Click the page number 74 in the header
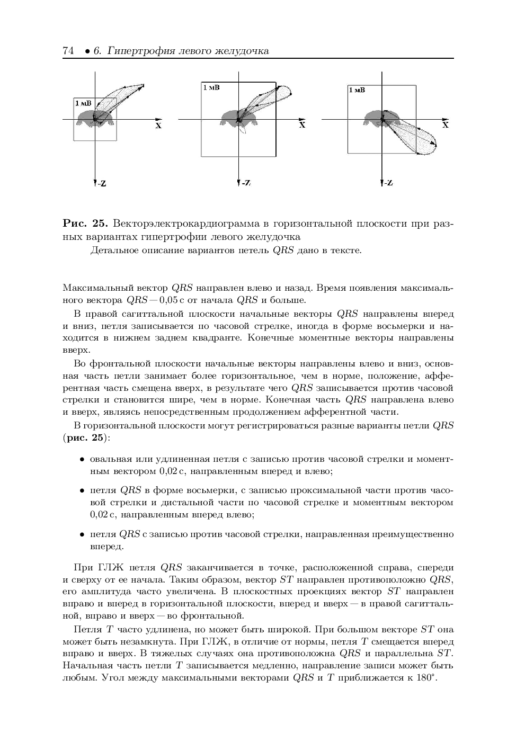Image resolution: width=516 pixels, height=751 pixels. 67,51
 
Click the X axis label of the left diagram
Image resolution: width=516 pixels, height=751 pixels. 158,126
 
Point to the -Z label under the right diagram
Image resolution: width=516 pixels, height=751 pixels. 387,183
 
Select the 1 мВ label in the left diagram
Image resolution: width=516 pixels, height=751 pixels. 83,103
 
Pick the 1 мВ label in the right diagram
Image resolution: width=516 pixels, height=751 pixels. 357,90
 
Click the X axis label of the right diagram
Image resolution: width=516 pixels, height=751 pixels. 446,126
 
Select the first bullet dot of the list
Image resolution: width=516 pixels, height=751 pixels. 83,459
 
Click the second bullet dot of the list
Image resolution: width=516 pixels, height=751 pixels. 83,490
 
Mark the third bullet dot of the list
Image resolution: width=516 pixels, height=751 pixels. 83,534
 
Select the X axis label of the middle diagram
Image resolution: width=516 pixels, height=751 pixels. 302,126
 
